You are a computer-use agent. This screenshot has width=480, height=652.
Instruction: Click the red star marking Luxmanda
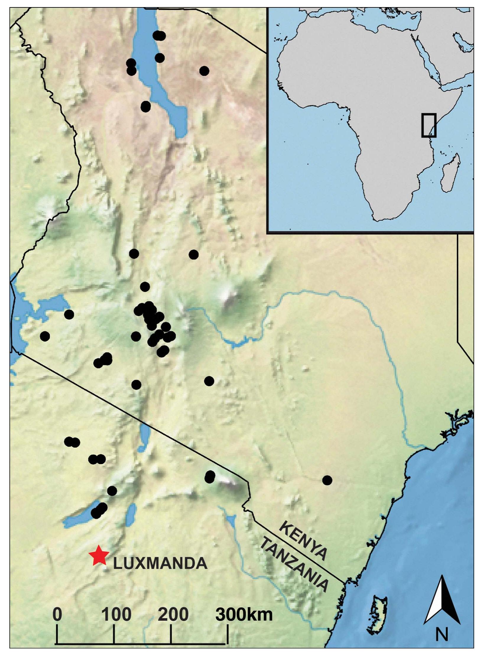pos(99,556)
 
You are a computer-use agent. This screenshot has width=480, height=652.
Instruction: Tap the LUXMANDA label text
pos(160,563)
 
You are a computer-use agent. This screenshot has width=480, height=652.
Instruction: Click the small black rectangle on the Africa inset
pos(429,125)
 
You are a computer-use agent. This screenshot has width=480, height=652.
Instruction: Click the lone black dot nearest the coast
pos(327,480)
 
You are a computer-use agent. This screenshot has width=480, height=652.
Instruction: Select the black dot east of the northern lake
pos(204,71)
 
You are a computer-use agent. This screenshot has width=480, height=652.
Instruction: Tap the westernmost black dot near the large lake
pos(45,336)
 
